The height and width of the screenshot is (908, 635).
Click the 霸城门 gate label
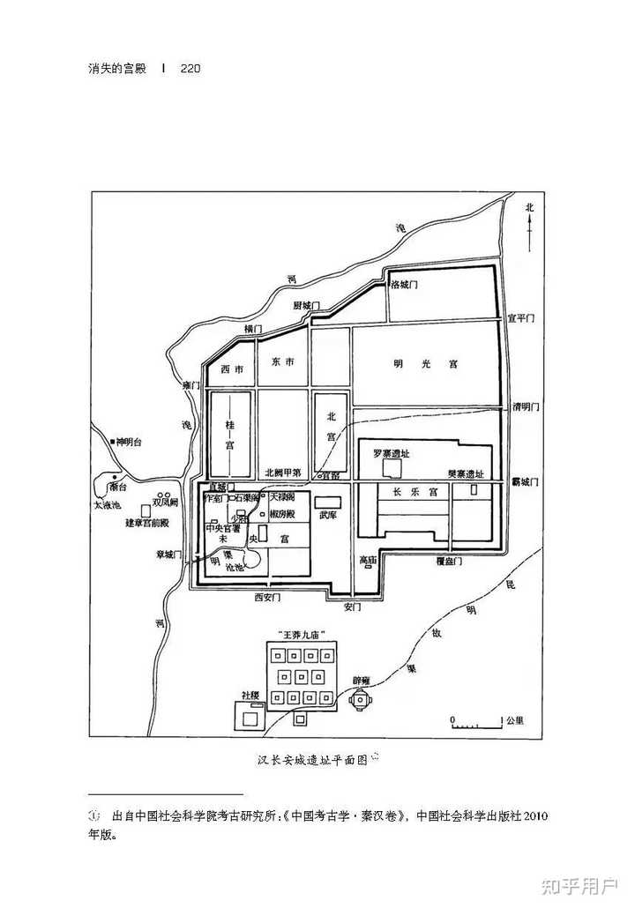coord(527,481)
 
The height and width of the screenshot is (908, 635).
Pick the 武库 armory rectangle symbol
coord(328,501)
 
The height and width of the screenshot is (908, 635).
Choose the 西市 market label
coord(231,369)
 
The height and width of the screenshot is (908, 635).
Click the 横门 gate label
coord(254,329)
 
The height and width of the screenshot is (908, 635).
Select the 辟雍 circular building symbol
coord(360,700)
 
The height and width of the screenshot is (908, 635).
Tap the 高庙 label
coord(368,559)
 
